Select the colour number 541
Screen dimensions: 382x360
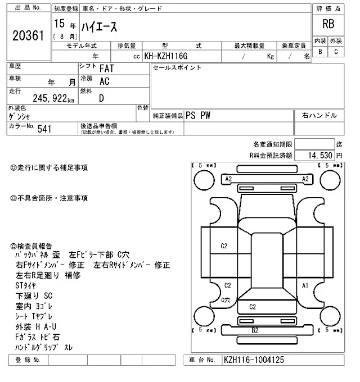click(x=44, y=129)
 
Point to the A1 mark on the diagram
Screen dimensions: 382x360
click(x=305, y=286)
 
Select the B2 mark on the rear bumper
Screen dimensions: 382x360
click(x=254, y=330)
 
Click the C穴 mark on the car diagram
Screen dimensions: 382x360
click(x=226, y=300)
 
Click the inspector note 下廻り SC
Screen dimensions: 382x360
click(x=33, y=295)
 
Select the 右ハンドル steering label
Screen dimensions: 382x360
click(x=319, y=115)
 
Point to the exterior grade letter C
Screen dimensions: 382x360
click(x=336, y=52)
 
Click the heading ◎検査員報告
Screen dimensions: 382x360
click(x=31, y=246)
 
